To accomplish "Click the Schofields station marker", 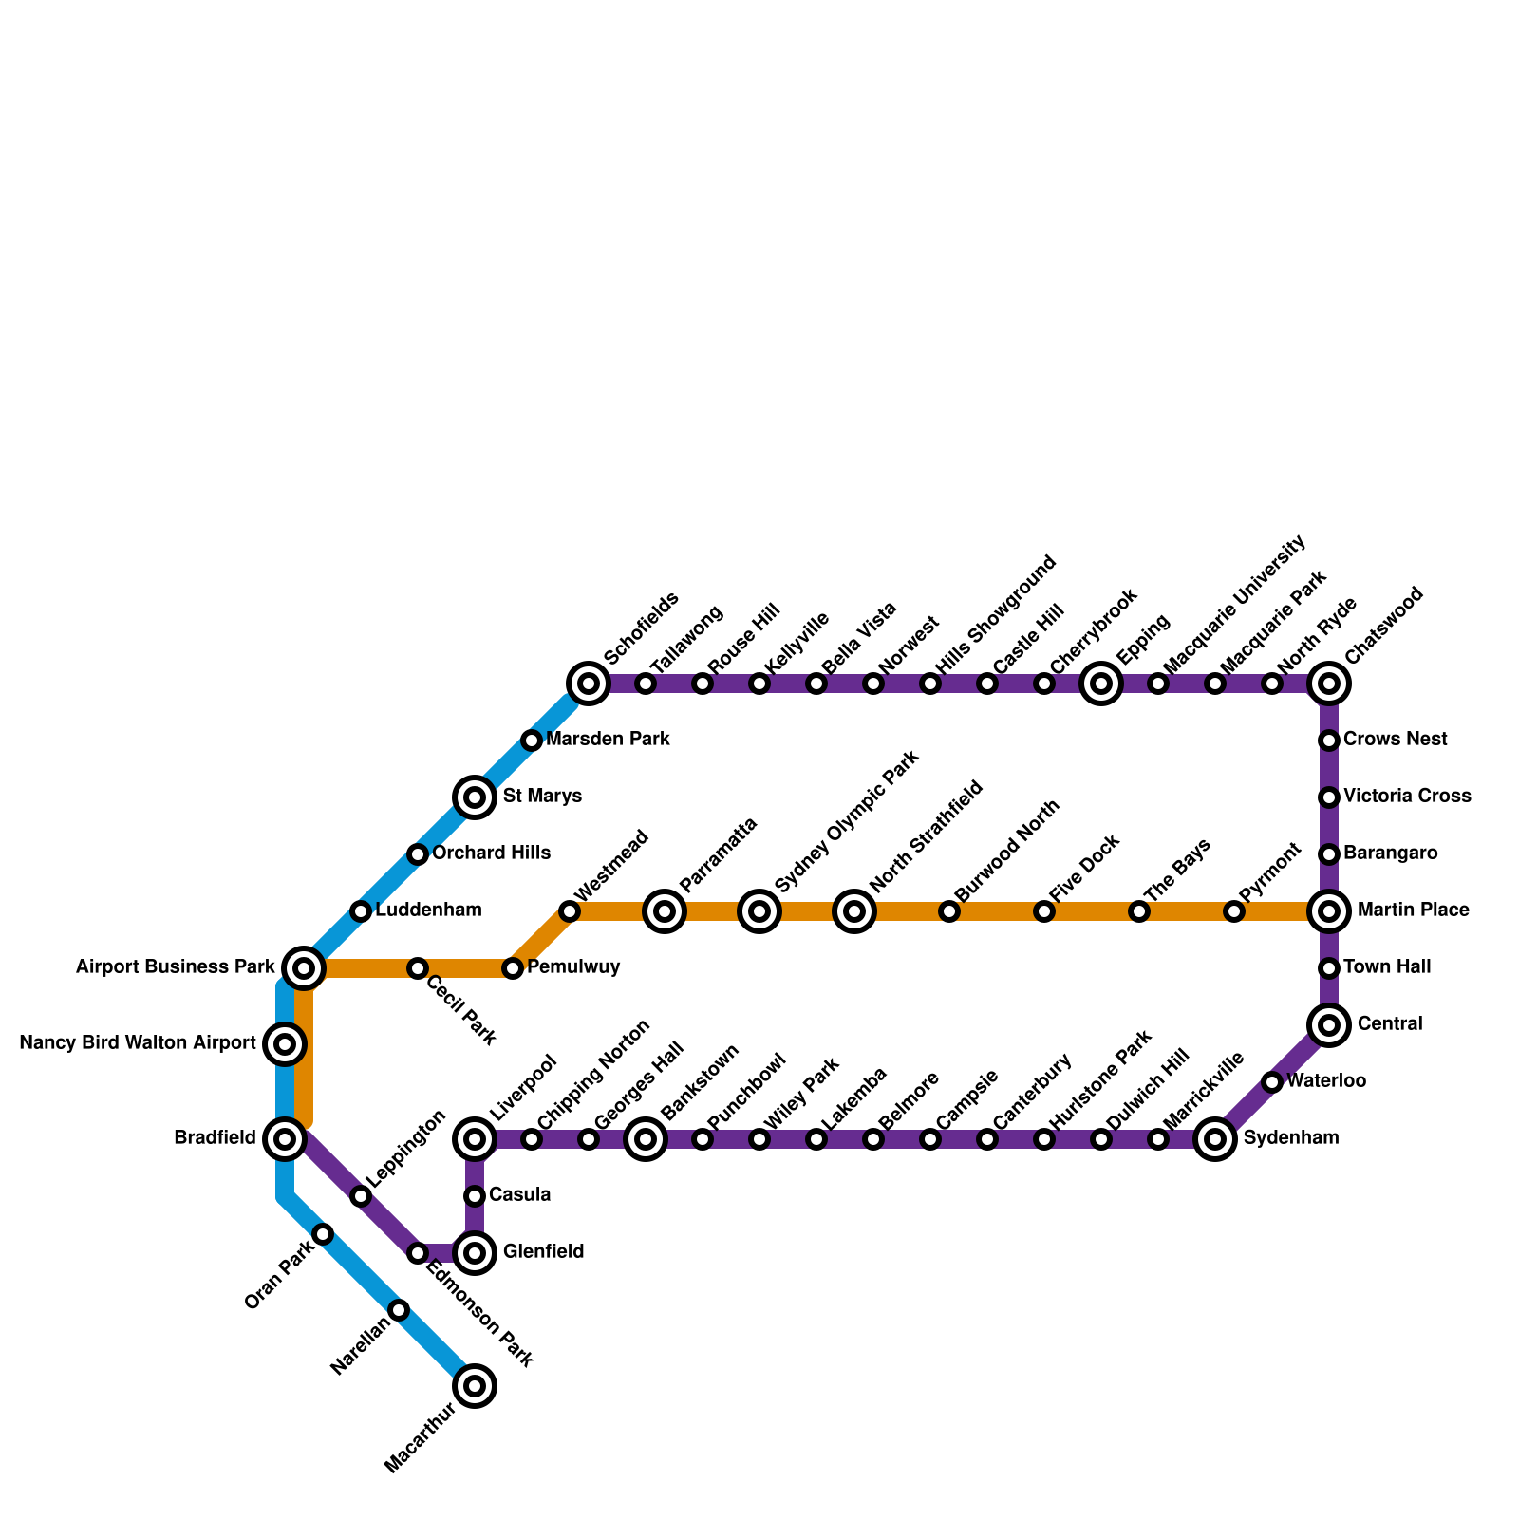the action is point(589,684).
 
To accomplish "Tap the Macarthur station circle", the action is point(476,1386).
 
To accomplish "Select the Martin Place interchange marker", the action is point(1329,911).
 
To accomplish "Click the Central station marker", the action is point(1329,1025).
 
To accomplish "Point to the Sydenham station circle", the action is point(1215,1139).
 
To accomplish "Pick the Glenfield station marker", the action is point(476,1253).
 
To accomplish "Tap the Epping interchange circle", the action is point(1101,684).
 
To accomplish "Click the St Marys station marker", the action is point(476,797).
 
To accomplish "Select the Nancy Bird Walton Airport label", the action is point(138,1044).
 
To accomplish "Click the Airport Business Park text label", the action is point(175,968).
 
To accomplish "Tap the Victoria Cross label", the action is point(1407,797).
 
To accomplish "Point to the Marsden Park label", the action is point(608,740).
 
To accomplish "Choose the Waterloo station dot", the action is point(1272,1082).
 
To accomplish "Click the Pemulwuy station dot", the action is point(513,968).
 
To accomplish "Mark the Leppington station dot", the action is point(361,1196).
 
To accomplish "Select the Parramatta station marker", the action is point(665,911).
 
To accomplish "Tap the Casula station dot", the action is point(476,1196).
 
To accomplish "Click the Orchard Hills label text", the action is point(491,853).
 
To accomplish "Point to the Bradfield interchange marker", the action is point(285,1138).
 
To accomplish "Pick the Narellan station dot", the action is point(400,1311).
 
